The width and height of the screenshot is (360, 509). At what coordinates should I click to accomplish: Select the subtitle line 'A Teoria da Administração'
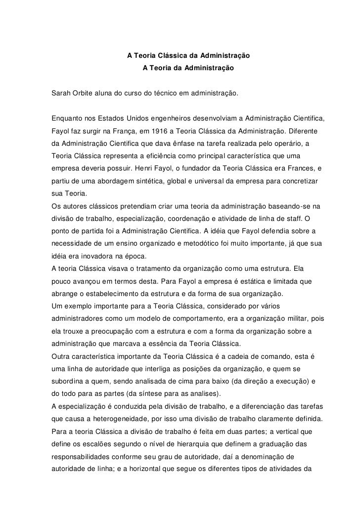click(x=187, y=66)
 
